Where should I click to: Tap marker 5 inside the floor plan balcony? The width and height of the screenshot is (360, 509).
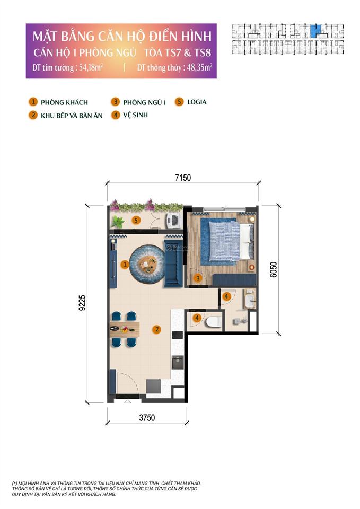(137, 220)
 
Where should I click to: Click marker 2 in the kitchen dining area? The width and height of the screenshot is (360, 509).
(156, 329)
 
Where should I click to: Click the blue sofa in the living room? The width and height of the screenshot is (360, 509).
(172, 258)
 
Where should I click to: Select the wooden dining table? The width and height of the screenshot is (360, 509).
(125, 329)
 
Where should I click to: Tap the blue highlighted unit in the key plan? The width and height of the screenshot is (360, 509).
(316, 30)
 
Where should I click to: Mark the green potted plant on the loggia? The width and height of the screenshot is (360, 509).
(118, 222)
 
